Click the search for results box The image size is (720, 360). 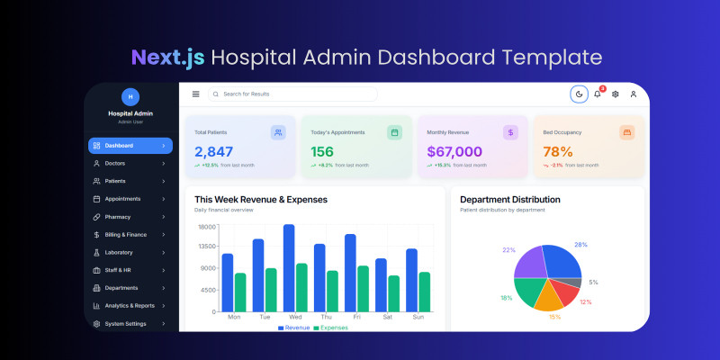click(x=292, y=94)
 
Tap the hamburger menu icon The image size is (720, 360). click(x=196, y=94)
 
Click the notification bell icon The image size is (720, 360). click(x=598, y=94)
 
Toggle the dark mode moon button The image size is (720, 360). click(x=579, y=94)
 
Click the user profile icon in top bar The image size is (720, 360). click(x=634, y=94)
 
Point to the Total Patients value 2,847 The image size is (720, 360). click(x=214, y=152)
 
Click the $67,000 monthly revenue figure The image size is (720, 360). click(x=454, y=152)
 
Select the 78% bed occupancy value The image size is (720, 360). click(x=558, y=152)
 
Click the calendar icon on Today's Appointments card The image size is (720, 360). click(x=394, y=132)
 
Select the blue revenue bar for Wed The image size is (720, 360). click(x=289, y=268)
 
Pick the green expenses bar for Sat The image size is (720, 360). click(x=393, y=293)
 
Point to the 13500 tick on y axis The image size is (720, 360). click(x=207, y=246)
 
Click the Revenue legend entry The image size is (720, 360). click(x=294, y=328)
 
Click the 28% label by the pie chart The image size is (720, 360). click(x=580, y=245)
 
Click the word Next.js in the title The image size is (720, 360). click(x=168, y=58)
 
